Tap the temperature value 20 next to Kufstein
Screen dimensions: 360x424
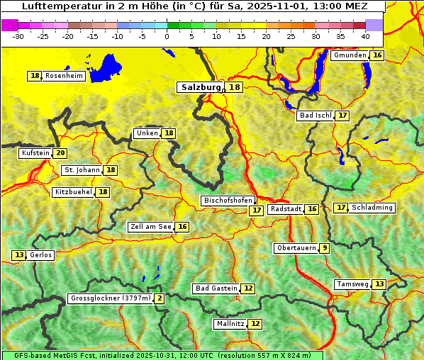[x=61, y=153]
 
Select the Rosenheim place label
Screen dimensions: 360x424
[x=63, y=76]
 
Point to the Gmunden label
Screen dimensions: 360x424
[x=350, y=55]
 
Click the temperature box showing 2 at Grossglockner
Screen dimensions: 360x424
[x=160, y=299]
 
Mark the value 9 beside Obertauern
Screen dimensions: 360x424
[x=324, y=248]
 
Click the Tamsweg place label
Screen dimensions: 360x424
[x=352, y=284]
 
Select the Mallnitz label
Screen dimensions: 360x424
[x=230, y=324]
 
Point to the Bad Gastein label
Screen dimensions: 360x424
[x=216, y=288]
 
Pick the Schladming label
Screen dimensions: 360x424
[x=372, y=208]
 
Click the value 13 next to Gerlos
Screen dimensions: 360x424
[x=19, y=255]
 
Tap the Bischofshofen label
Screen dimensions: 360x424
[x=227, y=201]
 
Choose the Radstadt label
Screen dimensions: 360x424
[x=286, y=209]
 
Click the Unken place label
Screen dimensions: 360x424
[x=147, y=133]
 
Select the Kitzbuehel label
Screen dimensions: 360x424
[x=73, y=192]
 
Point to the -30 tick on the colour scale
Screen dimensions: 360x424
[x=18, y=36]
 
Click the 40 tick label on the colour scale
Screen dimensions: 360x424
[x=365, y=36]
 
